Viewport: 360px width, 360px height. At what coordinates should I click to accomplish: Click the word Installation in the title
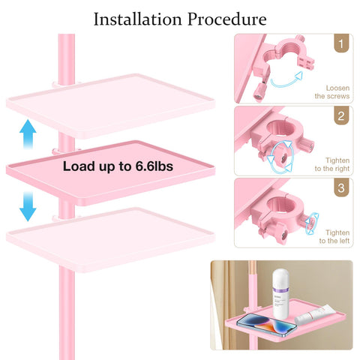tap(138, 19)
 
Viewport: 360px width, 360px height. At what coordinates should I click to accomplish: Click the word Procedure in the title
tap(227, 19)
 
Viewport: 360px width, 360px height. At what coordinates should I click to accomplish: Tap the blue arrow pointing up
tap(28, 134)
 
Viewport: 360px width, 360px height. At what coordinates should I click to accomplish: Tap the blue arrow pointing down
tap(28, 206)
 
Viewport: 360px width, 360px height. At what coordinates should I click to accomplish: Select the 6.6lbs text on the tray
tap(154, 166)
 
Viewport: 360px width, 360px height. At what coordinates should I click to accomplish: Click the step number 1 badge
tap(341, 43)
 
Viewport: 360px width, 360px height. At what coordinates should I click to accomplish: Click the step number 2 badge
tap(341, 115)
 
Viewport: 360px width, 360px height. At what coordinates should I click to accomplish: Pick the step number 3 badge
tap(341, 187)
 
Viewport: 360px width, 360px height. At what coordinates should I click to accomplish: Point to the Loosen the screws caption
tap(332, 92)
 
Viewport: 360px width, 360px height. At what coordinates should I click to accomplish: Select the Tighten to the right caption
tap(332, 164)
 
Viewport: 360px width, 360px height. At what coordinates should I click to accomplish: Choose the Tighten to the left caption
tap(334, 236)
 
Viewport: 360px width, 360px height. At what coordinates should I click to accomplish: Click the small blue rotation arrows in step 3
tap(312, 223)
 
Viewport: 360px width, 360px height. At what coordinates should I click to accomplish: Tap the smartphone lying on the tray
tap(266, 324)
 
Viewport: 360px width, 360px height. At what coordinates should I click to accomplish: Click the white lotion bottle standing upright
tap(280, 294)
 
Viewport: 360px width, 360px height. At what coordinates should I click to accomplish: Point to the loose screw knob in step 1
tap(260, 92)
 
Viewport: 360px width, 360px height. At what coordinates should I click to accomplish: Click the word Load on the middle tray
tap(79, 166)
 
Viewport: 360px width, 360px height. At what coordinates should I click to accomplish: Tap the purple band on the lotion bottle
tap(280, 290)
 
